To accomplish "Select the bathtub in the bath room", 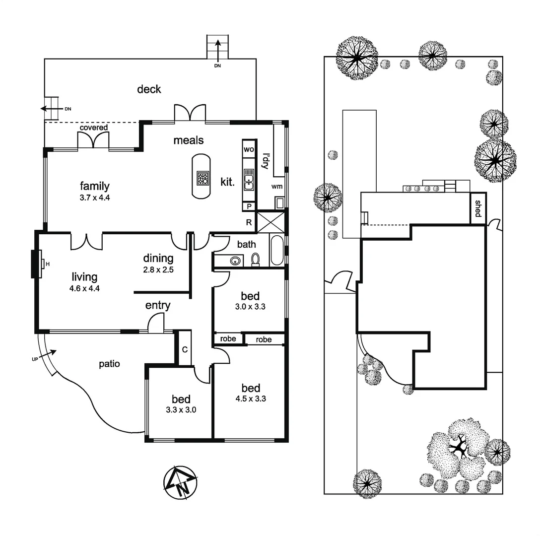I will point(277,251).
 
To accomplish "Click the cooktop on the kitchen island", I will point(202,178).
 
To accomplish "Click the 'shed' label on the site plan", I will point(478,208).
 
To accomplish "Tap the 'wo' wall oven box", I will point(249,149).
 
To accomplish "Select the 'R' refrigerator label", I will point(249,222).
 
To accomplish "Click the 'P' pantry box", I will point(249,206).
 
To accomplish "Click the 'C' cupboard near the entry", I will point(185,349).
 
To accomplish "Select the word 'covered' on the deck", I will point(94,128).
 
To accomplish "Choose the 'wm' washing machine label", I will point(277,187).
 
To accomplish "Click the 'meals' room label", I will point(188,140).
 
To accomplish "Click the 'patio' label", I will point(109,364).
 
